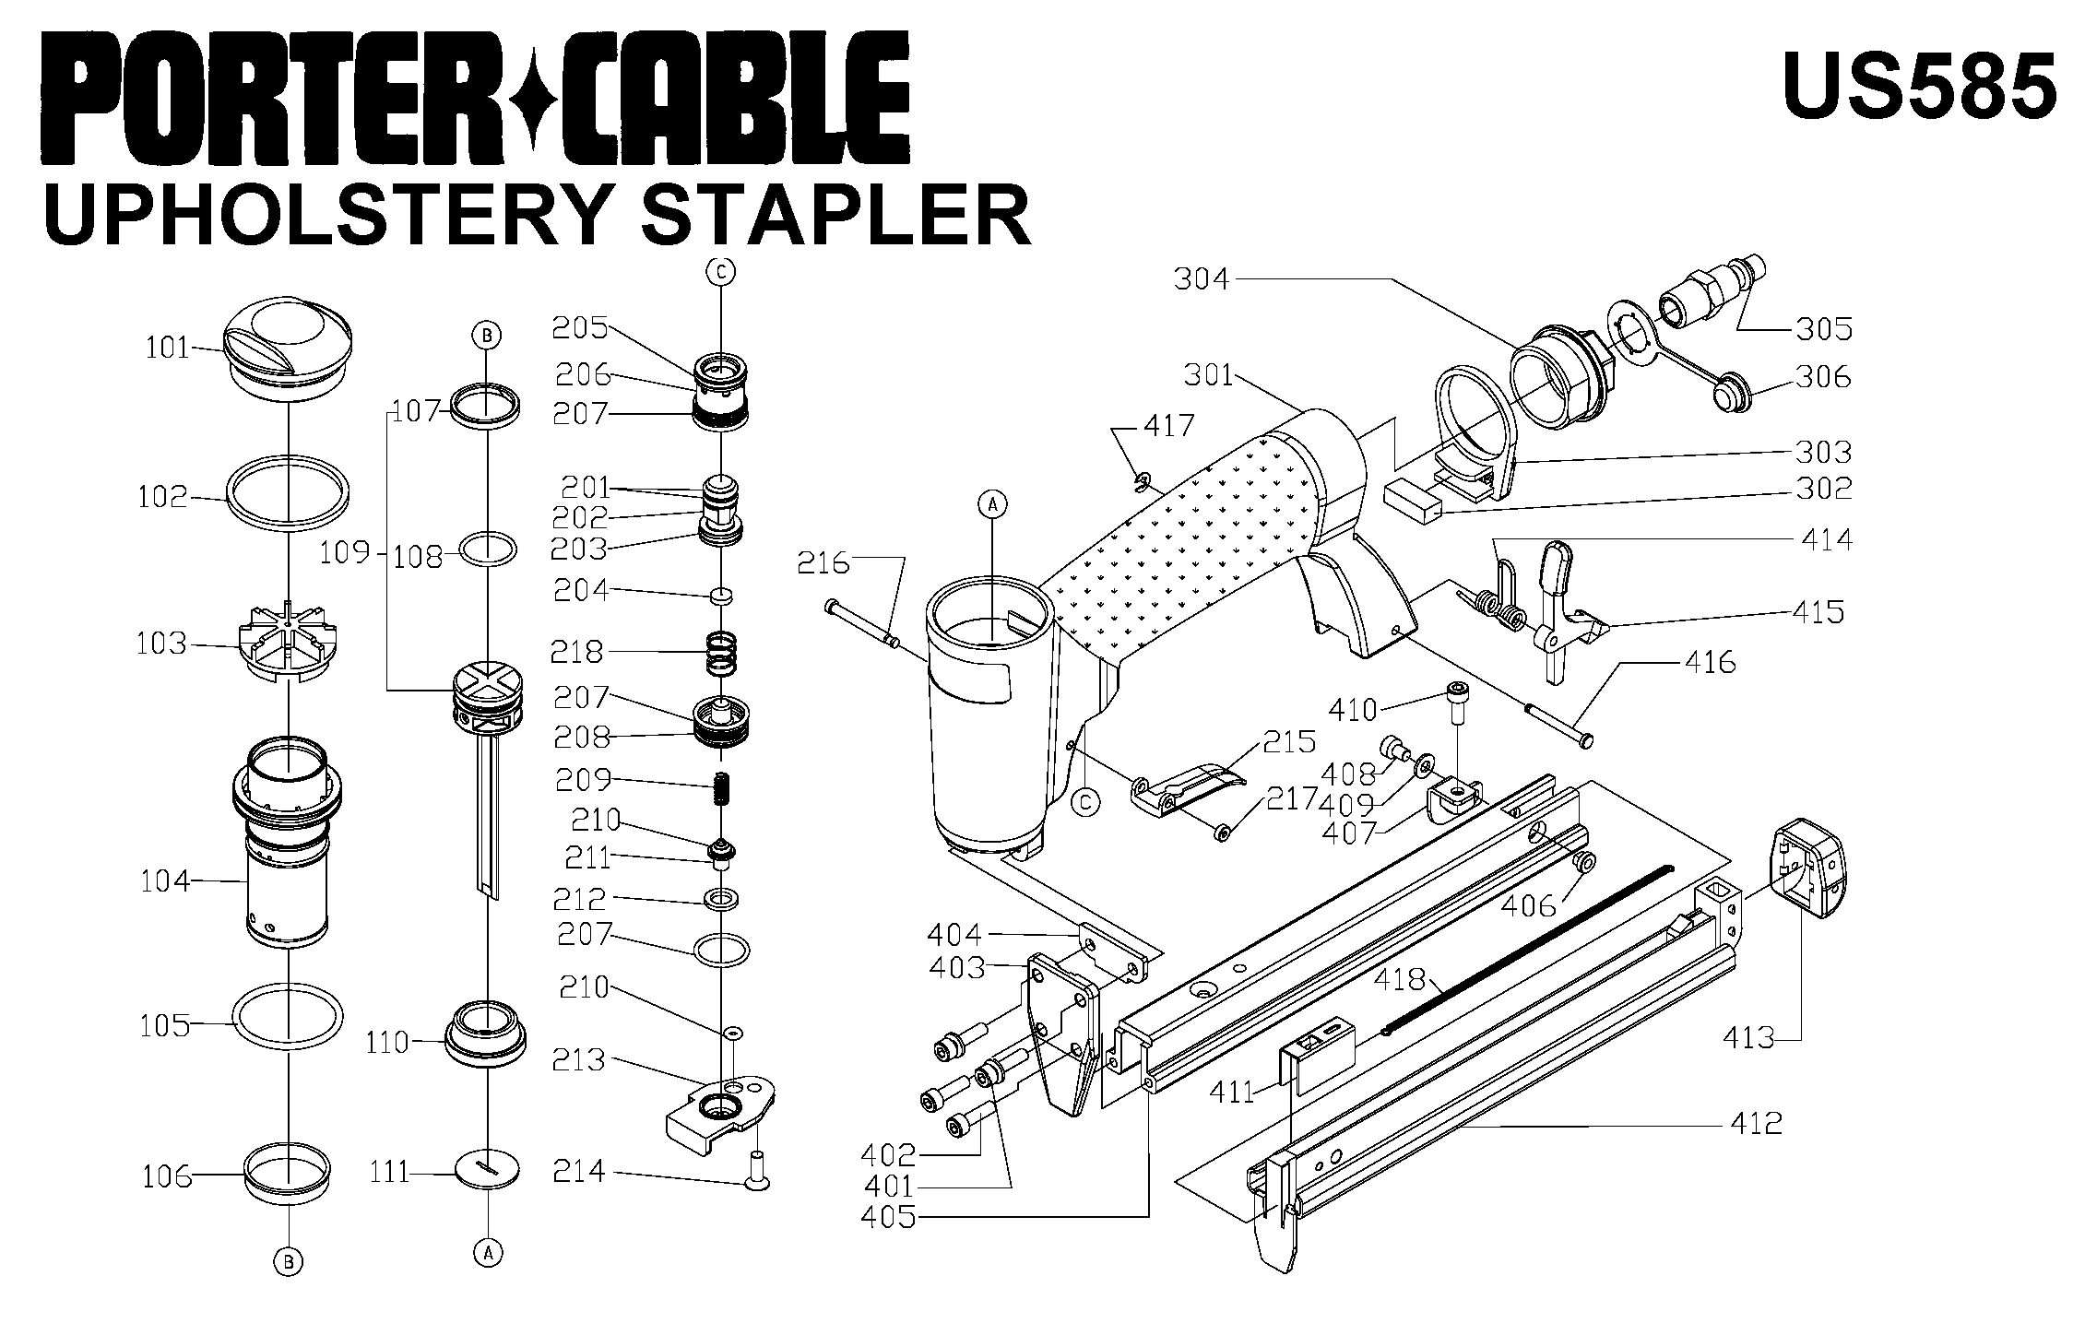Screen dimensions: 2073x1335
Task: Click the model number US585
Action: click(1919, 86)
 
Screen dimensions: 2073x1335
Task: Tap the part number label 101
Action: click(167, 348)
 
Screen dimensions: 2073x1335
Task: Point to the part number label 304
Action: click(1202, 278)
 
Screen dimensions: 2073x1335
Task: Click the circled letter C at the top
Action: click(721, 271)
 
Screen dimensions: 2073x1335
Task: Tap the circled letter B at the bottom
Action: click(289, 1261)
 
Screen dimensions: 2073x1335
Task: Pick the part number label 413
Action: click(1748, 1038)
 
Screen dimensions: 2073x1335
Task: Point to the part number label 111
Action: click(390, 1172)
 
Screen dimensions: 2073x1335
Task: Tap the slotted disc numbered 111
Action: click(488, 1169)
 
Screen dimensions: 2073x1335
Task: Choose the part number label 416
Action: click(1710, 662)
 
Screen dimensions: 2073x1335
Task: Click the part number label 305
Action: click(1823, 328)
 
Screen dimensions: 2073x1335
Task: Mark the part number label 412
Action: click(1756, 1123)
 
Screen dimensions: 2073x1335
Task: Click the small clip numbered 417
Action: click(1142, 480)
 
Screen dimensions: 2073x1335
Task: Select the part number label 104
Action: click(165, 881)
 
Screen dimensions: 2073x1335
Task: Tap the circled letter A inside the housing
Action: click(992, 503)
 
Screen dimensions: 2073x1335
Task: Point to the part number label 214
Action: click(579, 1171)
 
